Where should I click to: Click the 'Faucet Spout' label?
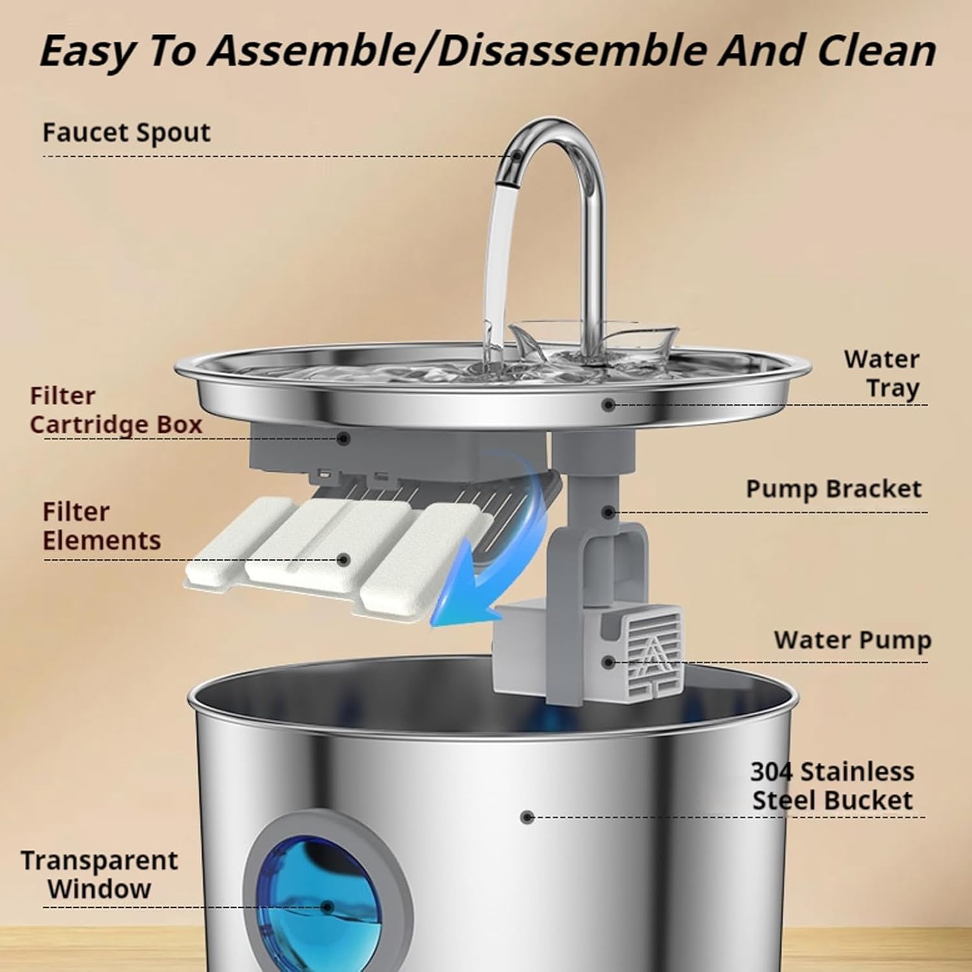tap(126, 133)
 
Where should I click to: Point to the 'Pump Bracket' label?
tap(833, 489)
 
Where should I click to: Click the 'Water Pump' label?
tap(852, 640)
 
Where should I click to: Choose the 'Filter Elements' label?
tap(102, 526)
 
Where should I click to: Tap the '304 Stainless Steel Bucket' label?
tap(833, 786)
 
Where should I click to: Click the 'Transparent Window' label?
tap(99, 875)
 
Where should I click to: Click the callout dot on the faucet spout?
tap(516, 156)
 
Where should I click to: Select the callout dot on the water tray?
tap(608, 405)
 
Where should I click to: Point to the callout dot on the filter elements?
tap(344, 559)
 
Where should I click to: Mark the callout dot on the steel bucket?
tap(527, 817)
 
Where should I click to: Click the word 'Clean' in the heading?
tap(876, 51)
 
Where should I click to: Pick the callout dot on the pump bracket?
tap(608, 513)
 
